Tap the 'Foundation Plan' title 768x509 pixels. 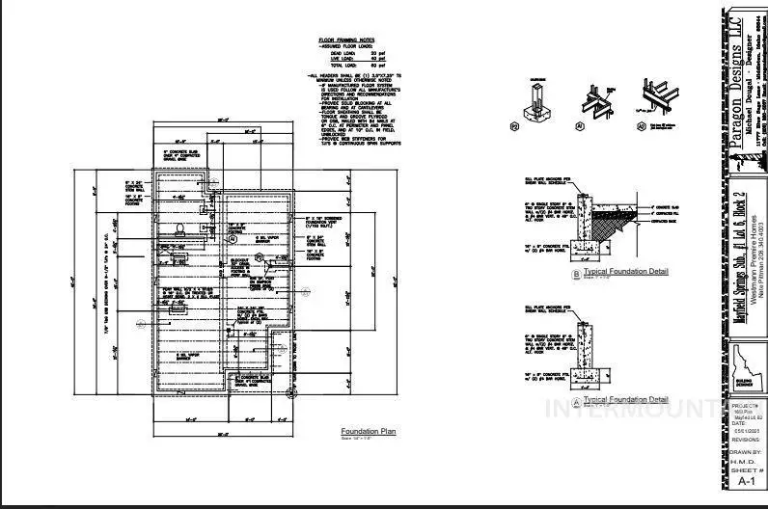(369, 431)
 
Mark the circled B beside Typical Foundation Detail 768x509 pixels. (576, 273)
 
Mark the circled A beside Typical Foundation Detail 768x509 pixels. (576, 400)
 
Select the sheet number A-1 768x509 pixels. (746, 479)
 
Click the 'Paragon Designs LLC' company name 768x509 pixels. (734, 77)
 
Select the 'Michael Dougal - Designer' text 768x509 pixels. (746, 77)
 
